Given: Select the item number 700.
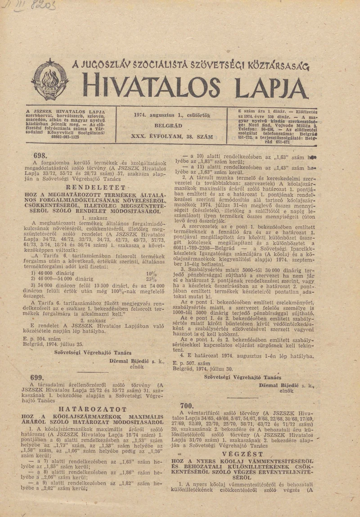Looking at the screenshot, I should [x=186, y=405].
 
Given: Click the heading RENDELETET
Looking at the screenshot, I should [x=97, y=186].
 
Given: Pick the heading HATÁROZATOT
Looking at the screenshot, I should [x=96, y=409].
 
